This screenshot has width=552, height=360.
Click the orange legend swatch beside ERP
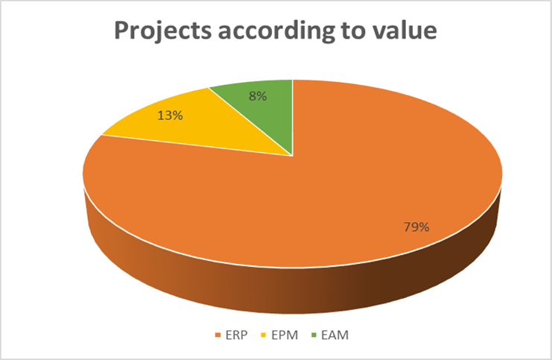pos(218,335)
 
